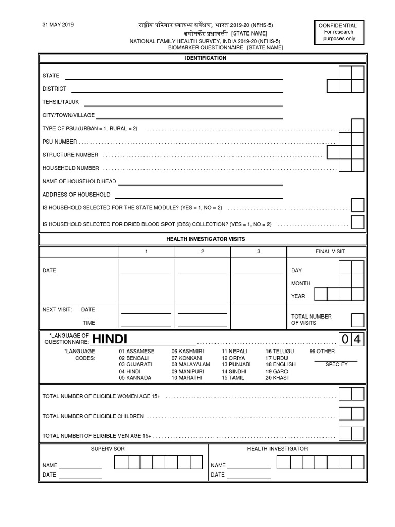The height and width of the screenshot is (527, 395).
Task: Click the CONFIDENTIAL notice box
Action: [337, 32]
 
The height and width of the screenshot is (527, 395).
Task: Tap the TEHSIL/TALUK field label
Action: [61, 102]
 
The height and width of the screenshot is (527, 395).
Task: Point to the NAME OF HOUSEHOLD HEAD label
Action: [79, 181]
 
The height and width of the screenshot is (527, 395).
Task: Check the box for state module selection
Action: [357, 205]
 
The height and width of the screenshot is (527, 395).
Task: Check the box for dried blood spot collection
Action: [357, 222]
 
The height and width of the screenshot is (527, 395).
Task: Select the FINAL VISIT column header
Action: [330, 252]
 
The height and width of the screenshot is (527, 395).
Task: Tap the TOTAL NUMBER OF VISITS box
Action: [357, 320]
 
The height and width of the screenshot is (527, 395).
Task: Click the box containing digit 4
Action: [358, 340]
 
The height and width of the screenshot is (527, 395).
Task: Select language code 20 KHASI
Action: [277, 378]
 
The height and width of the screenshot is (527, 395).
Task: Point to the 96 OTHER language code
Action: [322, 352]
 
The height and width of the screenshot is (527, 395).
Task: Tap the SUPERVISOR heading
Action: [107, 449]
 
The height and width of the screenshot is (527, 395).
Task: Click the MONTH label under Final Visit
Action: [300, 283]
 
